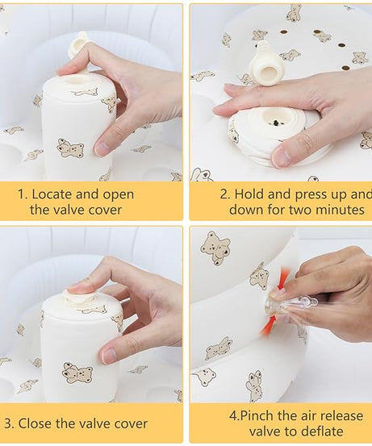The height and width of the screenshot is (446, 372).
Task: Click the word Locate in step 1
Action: [x=51, y=194]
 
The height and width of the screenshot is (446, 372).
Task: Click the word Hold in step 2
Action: [x=249, y=194]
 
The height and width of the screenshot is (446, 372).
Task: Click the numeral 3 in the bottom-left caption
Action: [x=8, y=423]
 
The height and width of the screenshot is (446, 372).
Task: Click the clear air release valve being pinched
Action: [x=287, y=305]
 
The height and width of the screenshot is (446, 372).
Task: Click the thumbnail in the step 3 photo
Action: [x=110, y=356]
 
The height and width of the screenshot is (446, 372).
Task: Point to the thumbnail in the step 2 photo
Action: [x=282, y=156]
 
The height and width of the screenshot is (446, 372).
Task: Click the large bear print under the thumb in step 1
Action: [x=70, y=148]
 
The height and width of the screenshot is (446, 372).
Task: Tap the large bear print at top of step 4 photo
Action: [x=215, y=247]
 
